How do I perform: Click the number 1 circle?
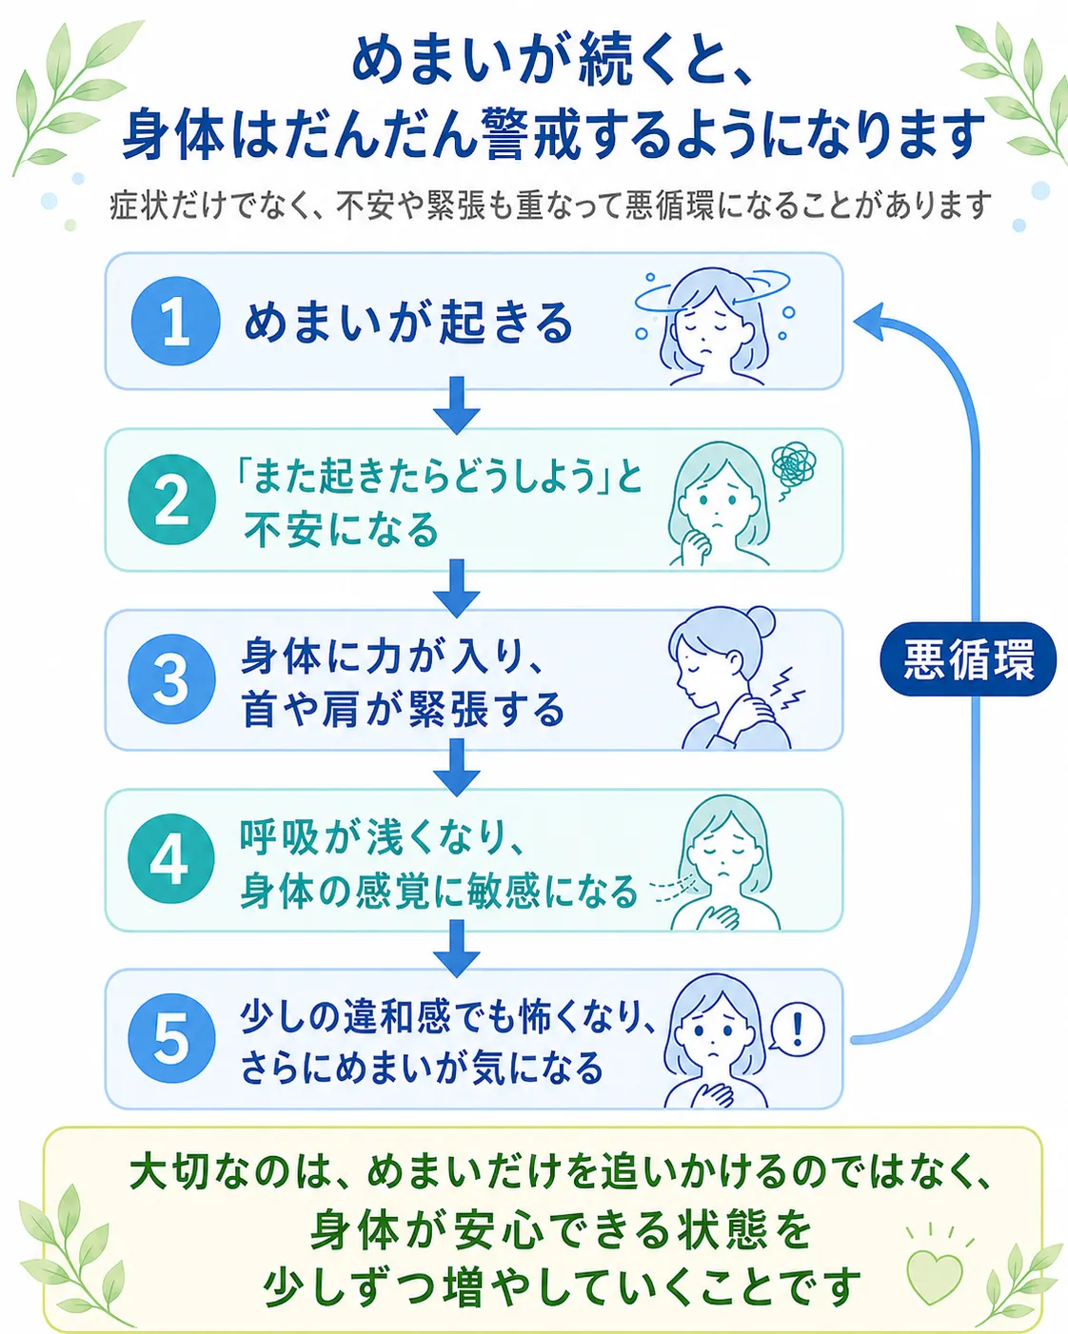tap(175, 321)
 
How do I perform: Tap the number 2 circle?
tap(172, 499)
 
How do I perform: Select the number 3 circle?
tap(171, 678)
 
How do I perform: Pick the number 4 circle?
tap(171, 858)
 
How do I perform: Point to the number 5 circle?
tap(171, 1038)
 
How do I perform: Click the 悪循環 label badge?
tap(968, 659)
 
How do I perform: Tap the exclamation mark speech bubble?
tap(798, 1030)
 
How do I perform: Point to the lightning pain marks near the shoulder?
tap(790, 688)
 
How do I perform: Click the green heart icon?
tap(935, 1276)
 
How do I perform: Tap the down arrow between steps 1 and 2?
tap(457, 404)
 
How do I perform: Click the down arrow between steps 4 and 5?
tap(457, 949)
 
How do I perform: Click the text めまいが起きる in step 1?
tap(408, 323)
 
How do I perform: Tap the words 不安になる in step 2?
tap(342, 530)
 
